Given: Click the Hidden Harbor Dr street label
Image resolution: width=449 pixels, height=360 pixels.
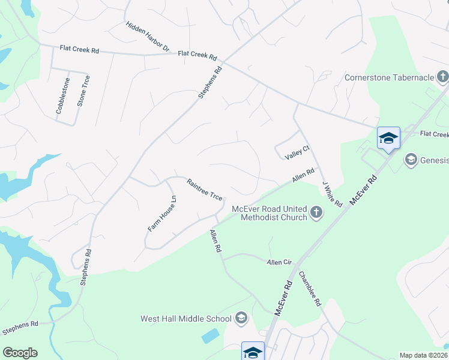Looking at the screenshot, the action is click(148, 36).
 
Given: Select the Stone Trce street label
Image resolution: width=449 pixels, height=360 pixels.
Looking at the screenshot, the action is click(83, 91).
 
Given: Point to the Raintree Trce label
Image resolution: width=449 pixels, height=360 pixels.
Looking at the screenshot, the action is click(205, 190).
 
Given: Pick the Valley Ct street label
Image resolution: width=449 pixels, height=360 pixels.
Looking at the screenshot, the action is click(297, 152).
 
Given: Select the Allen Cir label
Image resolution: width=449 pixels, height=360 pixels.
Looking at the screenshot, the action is click(279, 262).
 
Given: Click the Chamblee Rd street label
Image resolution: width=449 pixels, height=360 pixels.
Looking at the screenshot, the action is click(310, 289).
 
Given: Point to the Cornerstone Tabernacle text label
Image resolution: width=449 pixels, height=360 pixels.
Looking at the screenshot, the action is click(389, 77).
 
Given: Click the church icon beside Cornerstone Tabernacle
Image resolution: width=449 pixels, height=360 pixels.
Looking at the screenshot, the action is click(442, 77).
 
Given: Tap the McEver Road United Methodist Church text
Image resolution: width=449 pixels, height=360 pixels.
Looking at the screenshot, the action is click(270, 213).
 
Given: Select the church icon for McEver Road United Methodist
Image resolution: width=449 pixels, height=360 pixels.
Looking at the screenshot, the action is click(316, 212).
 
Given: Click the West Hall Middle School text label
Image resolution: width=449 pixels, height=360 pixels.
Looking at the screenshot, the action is click(185, 319).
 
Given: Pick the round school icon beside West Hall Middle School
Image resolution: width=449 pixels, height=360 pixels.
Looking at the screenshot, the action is click(241, 318).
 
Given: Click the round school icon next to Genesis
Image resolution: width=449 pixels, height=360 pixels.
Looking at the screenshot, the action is click(411, 159).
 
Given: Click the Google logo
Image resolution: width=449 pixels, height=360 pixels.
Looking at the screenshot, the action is click(20, 353).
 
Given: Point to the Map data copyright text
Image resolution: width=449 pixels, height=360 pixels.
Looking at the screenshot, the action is click(423, 355).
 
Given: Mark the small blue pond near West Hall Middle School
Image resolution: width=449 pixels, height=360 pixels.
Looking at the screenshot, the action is click(211, 336).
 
